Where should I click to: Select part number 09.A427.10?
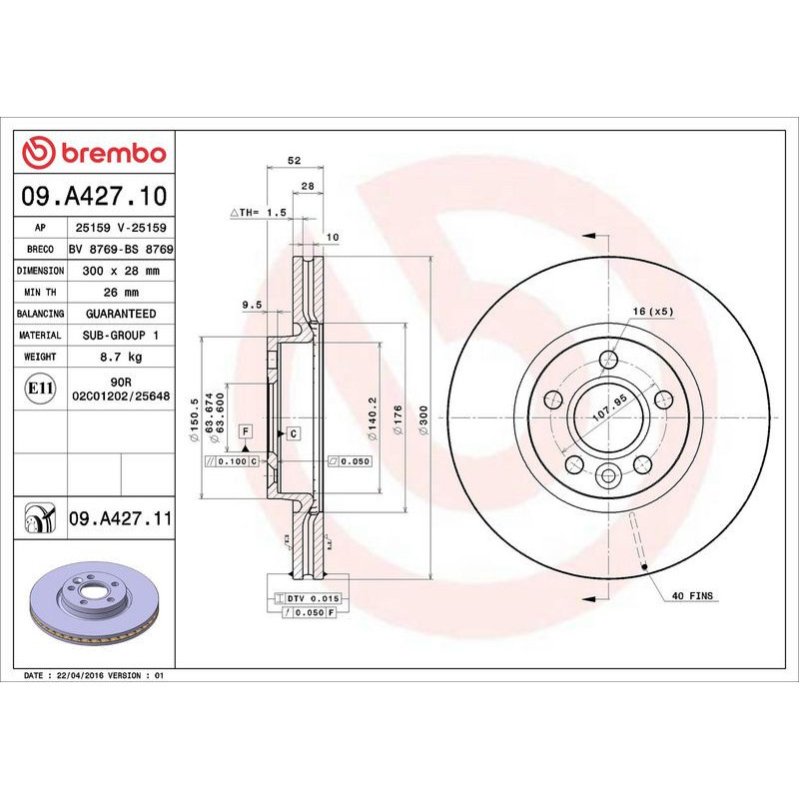click(x=95, y=195)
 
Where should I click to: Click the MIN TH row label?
click(x=42, y=292)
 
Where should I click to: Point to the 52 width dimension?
click(x=293, y=160)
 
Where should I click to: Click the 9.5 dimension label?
click(x=251, y=304)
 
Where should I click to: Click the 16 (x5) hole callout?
click(x=653, y=312)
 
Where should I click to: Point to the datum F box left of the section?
click(x=244, y=430)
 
